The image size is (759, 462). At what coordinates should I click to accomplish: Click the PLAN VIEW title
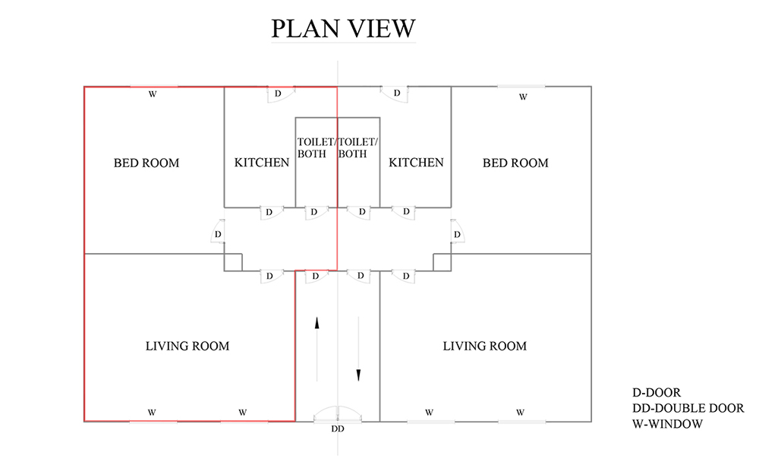pos(343,28)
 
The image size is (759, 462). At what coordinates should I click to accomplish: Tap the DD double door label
pos(338,429)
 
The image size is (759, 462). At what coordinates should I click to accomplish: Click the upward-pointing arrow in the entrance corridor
pos(317,349)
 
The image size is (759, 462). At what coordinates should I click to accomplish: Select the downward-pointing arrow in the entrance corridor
pos(359,349)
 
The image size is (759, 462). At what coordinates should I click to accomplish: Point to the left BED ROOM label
pos(146,163)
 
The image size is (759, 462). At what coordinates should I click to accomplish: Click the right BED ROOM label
pos(515,163)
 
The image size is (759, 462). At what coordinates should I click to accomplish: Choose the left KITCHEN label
pos(262,163)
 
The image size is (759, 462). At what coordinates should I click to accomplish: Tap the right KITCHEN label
pos(416,163)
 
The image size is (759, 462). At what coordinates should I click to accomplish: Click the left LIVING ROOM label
pos(187,346)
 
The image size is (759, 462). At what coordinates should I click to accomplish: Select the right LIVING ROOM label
pos(484,346)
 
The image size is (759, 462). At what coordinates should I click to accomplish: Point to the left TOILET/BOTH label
pos(316,148)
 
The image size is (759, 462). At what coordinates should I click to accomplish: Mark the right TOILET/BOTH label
pos(358,148)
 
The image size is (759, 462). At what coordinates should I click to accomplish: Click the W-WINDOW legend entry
pos(667,424)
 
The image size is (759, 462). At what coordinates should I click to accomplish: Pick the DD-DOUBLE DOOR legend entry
pos(688,408)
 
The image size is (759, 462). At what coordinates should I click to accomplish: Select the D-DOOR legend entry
pos(657,392)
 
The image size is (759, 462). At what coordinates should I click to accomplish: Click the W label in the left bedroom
pos(153,94)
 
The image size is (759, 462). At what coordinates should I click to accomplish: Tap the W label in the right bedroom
pos(523,97)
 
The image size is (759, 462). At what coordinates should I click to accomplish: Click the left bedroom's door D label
pos(219,235)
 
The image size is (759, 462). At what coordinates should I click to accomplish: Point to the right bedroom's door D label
pos(457,235)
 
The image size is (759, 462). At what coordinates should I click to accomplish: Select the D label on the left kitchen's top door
pos(278,93)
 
